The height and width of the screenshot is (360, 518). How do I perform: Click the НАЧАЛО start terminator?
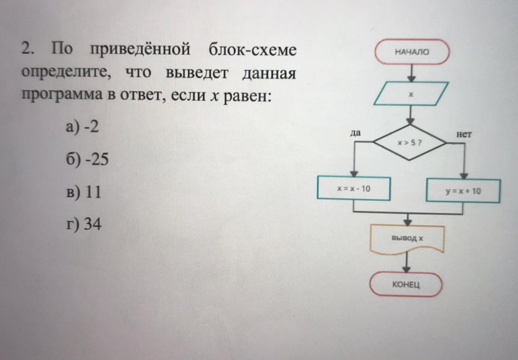tap(412, 52)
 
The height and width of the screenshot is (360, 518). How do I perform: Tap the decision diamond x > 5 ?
tap(410, 142)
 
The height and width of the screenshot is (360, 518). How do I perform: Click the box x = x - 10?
tap(354, 188)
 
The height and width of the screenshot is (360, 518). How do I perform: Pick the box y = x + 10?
tap(463, 191)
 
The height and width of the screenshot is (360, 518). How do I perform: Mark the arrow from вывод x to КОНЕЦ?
tap(406, 263)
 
